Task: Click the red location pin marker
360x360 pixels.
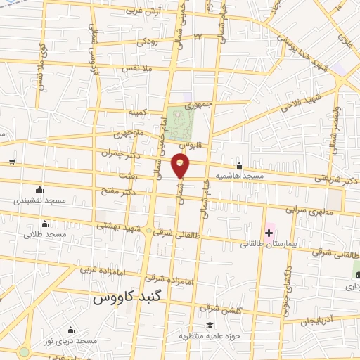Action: point(181,165)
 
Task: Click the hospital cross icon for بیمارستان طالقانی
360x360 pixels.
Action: point(269,232)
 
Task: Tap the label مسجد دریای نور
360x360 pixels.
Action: point(70,341)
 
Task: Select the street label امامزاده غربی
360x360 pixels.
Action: point(96,269)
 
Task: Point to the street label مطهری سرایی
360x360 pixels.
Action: point(307,210)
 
